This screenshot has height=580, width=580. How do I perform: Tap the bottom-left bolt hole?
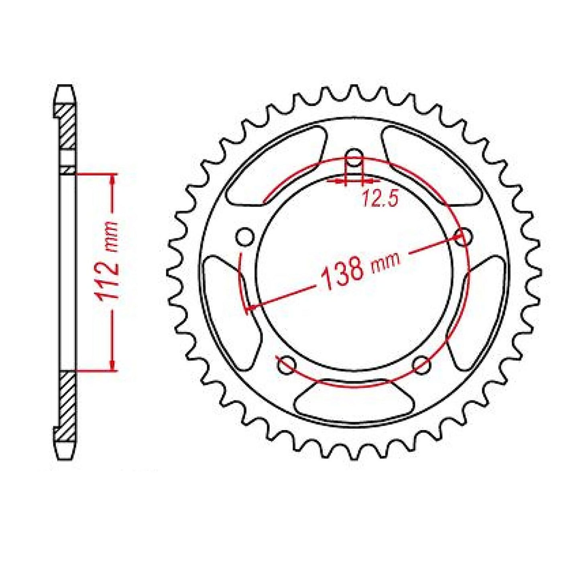tap(287, 364)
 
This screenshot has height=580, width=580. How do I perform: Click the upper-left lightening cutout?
tap(277, 167)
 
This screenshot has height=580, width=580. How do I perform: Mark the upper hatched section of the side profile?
tap(67, 128)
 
